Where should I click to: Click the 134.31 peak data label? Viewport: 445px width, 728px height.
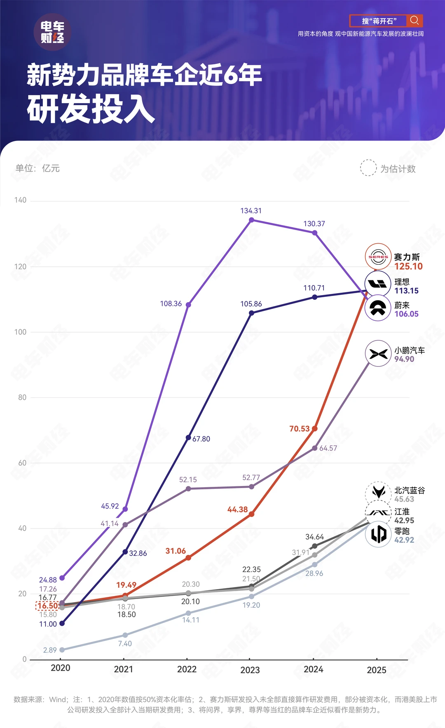click(x=251, y=211)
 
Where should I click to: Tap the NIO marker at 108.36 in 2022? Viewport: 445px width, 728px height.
click(x=188, y=305)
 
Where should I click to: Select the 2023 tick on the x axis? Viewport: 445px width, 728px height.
click(x=250, y=670)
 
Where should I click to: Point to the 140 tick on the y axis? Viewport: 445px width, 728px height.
click(x=20, y=200)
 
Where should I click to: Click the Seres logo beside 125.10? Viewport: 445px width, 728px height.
click(x=378, y=257)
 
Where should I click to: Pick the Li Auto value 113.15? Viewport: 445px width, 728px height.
click(x=406, y=291)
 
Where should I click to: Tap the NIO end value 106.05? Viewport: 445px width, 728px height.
click(x=406, y=314)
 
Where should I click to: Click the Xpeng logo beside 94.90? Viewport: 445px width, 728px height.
click(x=378, y=353)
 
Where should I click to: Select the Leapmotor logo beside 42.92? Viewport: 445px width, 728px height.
click(x=378, y=534)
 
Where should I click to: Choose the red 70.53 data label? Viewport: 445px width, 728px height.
click(x=299, y=429)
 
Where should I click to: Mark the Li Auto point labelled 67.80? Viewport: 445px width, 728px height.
click(x=188, y=437)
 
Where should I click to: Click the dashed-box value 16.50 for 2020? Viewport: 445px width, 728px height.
click(x=48, y=606)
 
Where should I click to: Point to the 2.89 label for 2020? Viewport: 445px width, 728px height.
click(x=50, y=650)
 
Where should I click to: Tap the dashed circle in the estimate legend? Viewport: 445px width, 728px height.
click(x=368, y=168)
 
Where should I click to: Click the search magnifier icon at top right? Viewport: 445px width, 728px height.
click(x=415, y=21)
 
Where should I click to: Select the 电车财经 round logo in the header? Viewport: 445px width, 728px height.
click(x=52, y=32)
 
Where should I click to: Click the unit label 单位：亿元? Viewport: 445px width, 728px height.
click(x=37, y=168)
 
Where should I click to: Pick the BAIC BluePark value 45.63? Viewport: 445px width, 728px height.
click(x=404, y=499)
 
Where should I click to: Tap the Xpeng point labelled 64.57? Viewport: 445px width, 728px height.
click(x=315, y=448)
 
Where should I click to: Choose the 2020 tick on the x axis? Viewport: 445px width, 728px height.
click(x=61, y=668)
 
